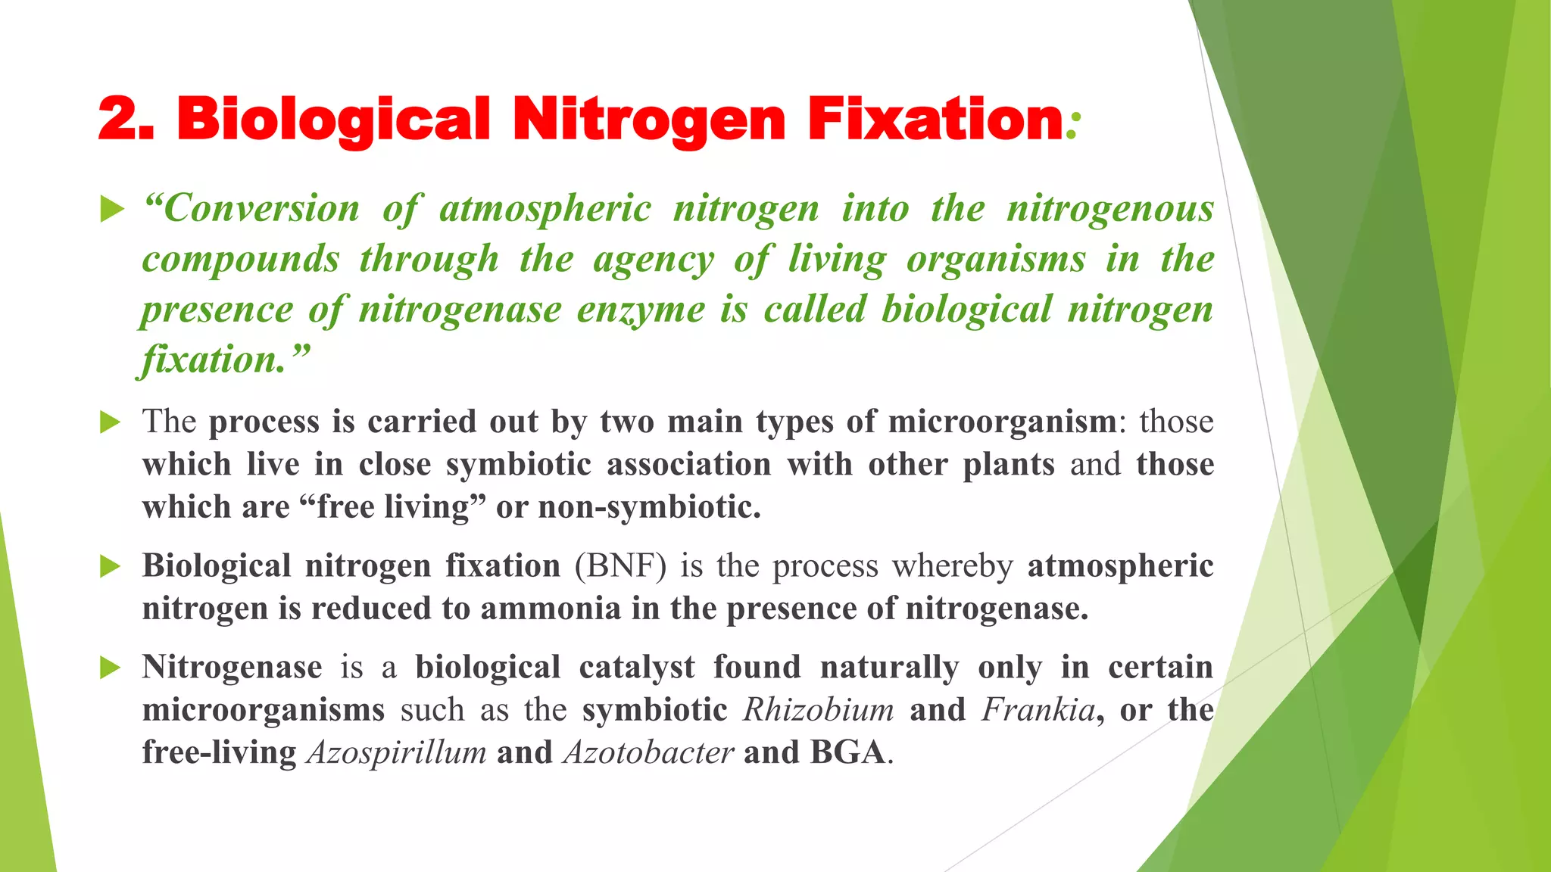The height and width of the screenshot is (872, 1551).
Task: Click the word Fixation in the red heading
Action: point(935,120)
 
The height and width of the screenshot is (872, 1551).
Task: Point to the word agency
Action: point(654,260)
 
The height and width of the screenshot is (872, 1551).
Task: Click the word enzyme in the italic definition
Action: point(641,310)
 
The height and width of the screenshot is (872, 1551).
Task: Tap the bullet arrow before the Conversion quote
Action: point(111,208)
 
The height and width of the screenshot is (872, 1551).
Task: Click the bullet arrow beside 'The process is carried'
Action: point(111,422)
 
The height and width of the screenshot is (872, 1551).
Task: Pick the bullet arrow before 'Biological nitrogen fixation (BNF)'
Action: point(111,565)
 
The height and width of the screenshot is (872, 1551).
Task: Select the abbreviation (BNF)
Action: point(620,566)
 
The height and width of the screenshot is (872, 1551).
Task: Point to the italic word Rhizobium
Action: point(818,710)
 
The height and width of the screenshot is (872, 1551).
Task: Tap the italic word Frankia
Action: point(1038,710)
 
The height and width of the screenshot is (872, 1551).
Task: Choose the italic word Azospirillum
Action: point(396,752)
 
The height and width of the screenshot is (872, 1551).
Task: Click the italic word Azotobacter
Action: point(648,752)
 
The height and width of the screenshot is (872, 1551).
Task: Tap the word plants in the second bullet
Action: point(1008,464)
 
